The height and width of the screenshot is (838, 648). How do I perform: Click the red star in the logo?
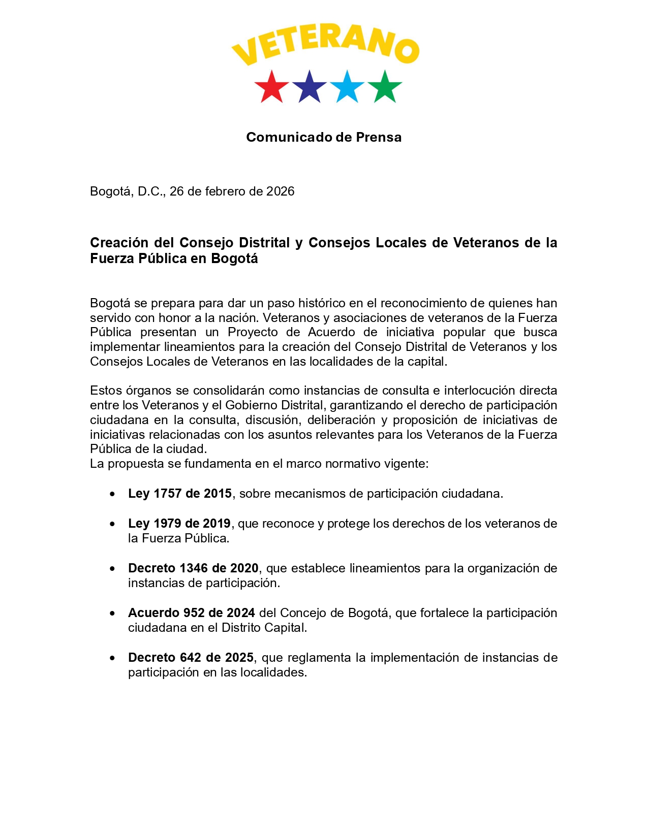(x=271, y=87)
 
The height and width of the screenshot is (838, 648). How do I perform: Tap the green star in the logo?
(x=385, y=87)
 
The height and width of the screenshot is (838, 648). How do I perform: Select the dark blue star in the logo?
(x=309, y=87)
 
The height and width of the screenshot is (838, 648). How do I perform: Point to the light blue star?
(x=347, y=87)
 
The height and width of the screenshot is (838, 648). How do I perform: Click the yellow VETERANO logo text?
(x=325, y=47)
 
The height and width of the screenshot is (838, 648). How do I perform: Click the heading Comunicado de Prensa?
(x=324, y=137)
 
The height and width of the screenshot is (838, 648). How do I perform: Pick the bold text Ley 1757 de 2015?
(x=180, y=494)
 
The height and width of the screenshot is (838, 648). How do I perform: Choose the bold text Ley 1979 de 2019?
(x=179, y=524)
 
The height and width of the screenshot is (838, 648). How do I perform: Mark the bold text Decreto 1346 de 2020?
(x=193, y=568)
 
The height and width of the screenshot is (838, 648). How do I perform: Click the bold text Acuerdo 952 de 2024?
(x=191, y=613)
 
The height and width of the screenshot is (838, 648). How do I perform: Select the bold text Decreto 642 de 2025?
(x=191, y=658)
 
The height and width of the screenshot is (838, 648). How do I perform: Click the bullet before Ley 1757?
(x=112, y=494)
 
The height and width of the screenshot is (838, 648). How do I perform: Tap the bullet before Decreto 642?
(x=112, y=658)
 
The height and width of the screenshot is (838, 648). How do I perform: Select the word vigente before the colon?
(x=408, y=464)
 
